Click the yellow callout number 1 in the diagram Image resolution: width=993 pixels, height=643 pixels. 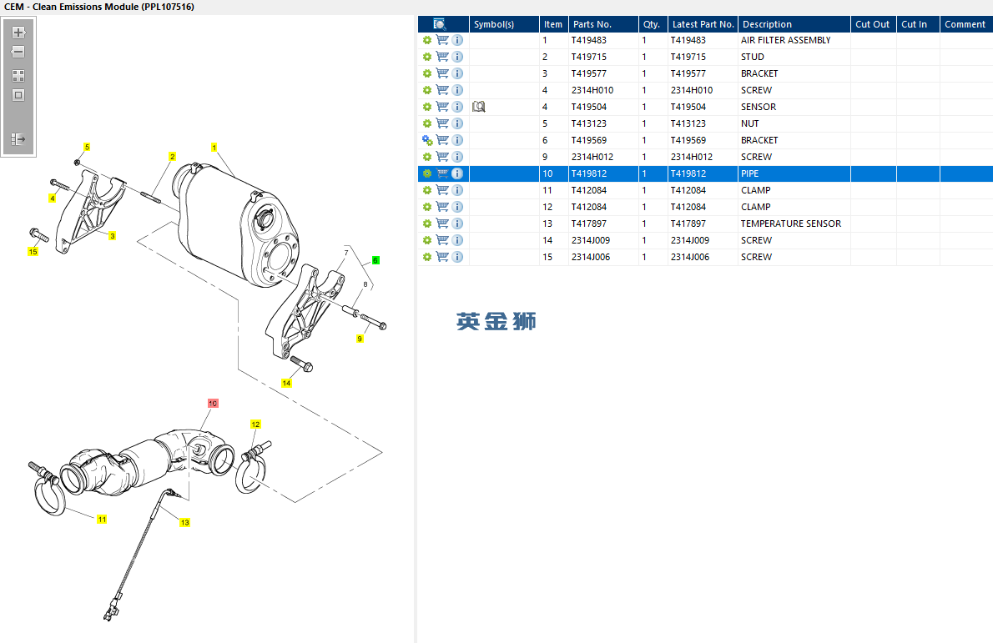pos(214,148)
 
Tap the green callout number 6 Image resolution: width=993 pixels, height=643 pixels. pos(376,260)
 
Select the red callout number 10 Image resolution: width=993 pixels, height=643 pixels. pos(213,403)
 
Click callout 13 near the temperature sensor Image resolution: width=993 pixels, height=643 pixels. pos(184,523)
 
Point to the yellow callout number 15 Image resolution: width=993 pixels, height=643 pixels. pos(33,251)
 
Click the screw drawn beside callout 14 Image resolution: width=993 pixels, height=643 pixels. pos(300,364)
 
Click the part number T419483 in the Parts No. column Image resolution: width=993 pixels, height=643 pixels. pos(588,40)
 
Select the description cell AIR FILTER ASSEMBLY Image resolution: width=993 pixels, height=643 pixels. pos(785,40)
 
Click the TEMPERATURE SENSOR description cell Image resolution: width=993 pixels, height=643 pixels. pos(790,224)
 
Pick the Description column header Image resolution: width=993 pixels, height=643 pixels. pos(767,24)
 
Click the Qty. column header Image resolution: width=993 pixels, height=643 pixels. pos(651,24)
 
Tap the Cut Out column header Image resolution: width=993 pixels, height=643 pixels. pos(873,24)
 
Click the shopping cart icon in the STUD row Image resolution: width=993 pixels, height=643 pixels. pos(442,57)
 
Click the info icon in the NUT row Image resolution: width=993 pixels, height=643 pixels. pos(457,123)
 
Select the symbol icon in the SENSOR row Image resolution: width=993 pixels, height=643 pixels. pos(478,107)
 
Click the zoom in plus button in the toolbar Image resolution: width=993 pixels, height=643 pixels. pos(18,33)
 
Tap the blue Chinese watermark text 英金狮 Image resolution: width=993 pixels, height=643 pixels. pos(496,321)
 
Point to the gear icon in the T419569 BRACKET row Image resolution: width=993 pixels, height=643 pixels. pos(427,140)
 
